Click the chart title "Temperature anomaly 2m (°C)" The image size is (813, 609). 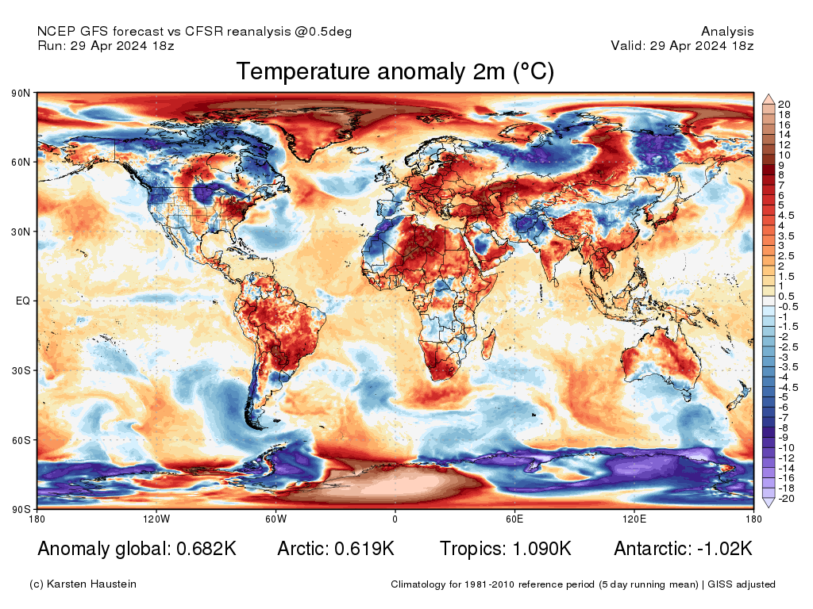tap(395, 72)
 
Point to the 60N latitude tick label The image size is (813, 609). tap(21, 163)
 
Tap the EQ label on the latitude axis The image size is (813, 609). tap(22, 301)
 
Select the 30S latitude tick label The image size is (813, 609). tap(21, 370)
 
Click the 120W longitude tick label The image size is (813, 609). tap(156, 519)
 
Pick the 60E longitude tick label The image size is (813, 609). tap(514, 519)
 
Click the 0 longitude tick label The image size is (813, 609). tap(395, 519)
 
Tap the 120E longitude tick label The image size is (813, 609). tap(634, 519)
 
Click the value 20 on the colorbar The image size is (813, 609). tap(784, 105)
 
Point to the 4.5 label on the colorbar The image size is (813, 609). tap(786, 215)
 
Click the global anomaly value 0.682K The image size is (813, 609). tap(202, 549)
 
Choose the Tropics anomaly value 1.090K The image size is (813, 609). tap(539, 549)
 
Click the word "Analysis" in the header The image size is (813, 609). tap(727, 32)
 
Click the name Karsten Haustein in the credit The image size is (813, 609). tap(94, 584)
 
